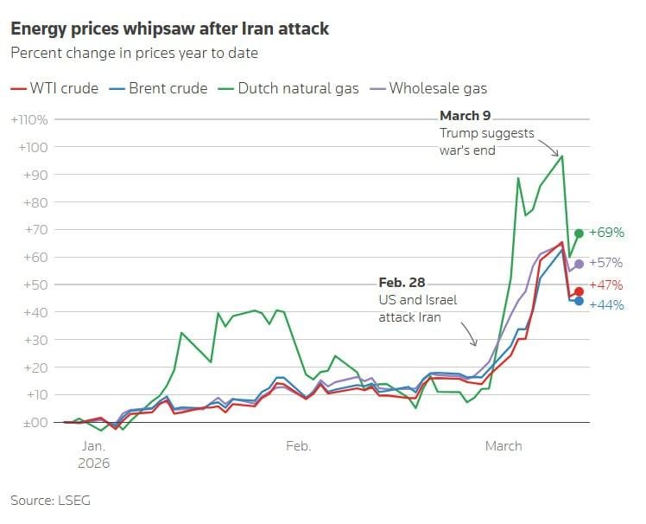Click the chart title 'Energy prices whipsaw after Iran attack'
pos(169,29)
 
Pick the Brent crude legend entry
pos(159,88)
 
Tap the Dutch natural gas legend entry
pos(288,88)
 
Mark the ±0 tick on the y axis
pos(35,422)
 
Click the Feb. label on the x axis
pos(298,446)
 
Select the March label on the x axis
pos(503,446)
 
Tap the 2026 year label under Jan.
pos(93,463)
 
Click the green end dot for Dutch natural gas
pos(579,233)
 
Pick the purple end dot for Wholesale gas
pos(579,264)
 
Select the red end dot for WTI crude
pos(579,291)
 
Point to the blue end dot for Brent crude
pos(579,301)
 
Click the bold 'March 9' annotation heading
pos(465,116)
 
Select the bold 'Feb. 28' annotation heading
pos(402,283)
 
